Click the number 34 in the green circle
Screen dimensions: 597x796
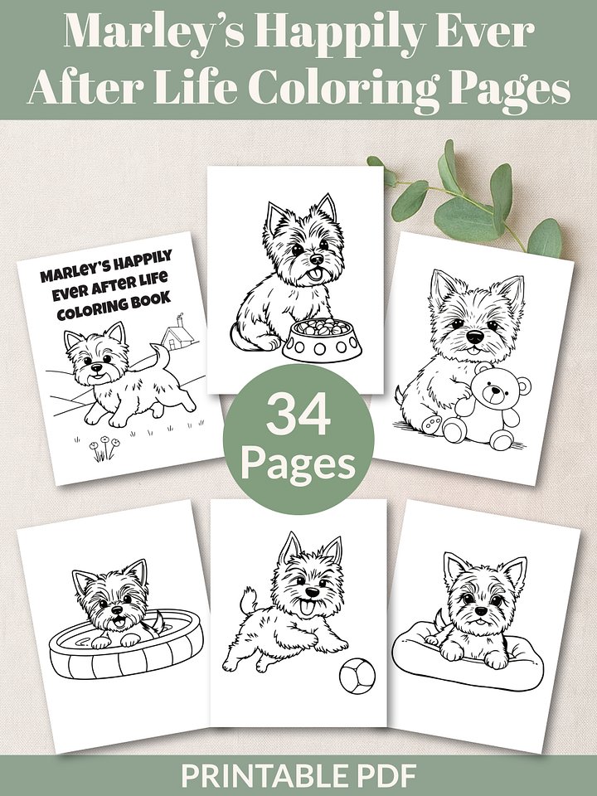coord(298,415)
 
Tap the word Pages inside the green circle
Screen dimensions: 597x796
coord(298,464)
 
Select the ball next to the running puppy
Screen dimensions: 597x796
coord(357,675)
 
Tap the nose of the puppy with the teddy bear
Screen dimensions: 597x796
coord(475,337)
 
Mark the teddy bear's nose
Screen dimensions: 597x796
coord(492,391)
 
